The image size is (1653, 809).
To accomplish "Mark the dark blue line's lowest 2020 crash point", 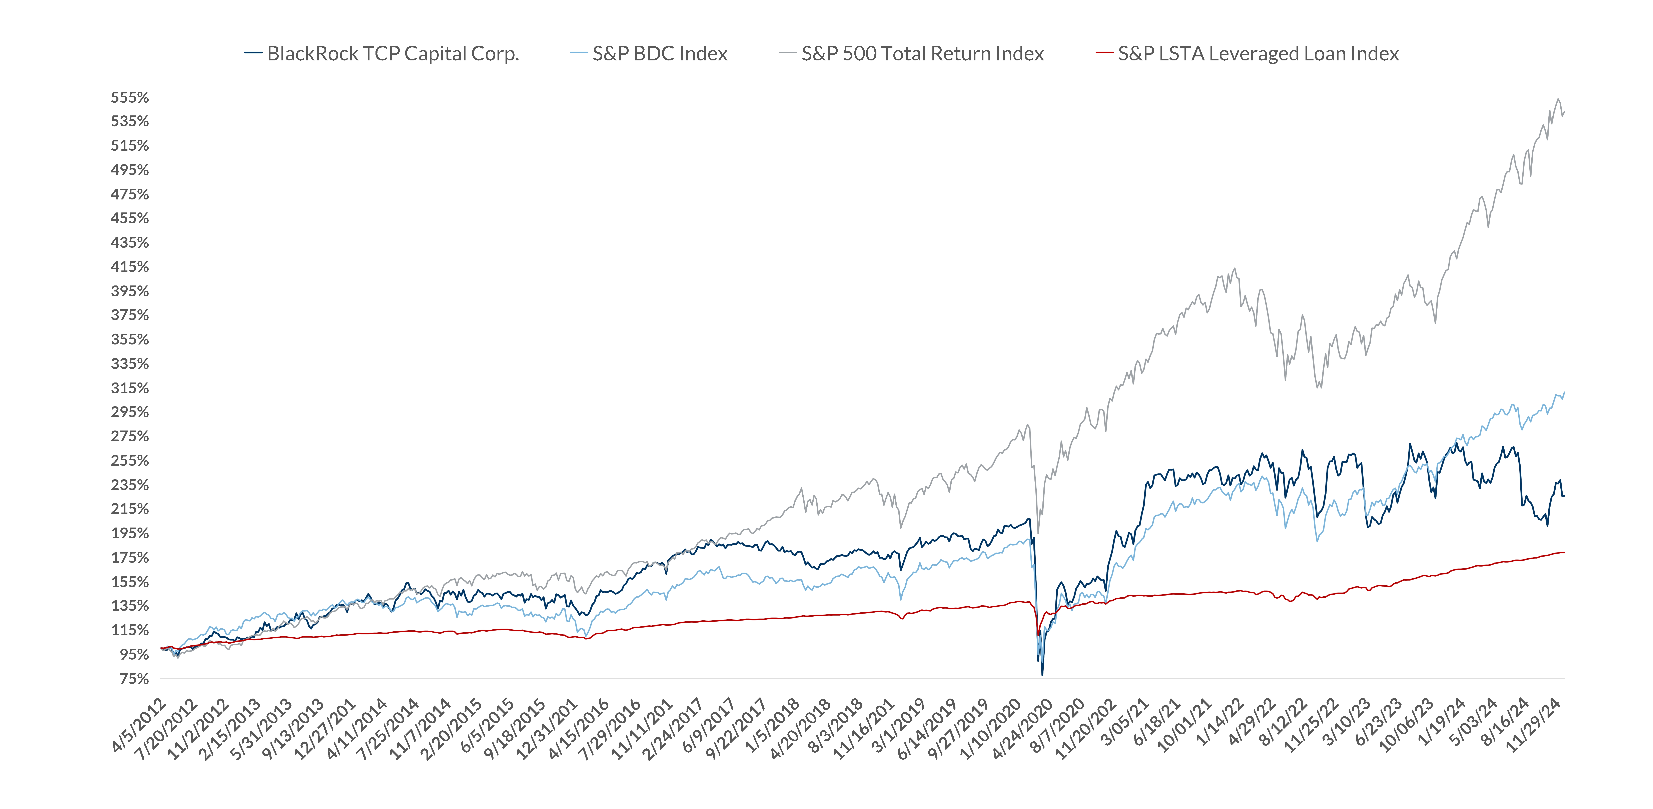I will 1042,674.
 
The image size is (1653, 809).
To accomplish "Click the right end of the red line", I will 1564,552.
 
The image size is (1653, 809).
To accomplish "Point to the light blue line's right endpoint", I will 1564,392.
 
